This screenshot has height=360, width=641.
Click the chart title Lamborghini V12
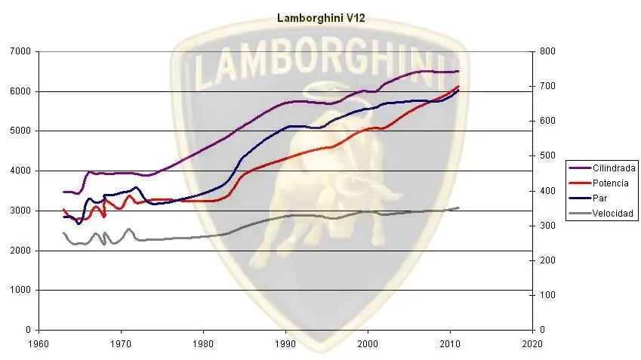tap(321, 17)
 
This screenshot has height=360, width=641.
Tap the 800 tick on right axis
tap(547, 52)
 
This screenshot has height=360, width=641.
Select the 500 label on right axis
tap(547, 156)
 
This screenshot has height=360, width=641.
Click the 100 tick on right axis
tap(547, 295)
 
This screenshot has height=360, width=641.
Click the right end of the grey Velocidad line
tap(458, 208)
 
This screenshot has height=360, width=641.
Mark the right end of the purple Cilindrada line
tap(458, 72)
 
